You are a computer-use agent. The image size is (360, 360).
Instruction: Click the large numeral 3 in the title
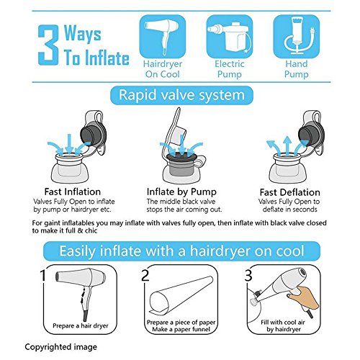click(x=49, y=45)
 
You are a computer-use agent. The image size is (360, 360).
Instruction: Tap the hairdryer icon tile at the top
click(x=163, y=36)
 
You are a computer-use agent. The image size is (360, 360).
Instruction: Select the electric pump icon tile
click(x=230, y=36)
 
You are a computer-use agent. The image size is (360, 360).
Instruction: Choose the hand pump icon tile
click(x=297, y=36)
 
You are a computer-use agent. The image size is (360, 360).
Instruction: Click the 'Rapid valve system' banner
click(x=181, y=95)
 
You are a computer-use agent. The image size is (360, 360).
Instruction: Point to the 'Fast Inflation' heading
click(x=73, y=192)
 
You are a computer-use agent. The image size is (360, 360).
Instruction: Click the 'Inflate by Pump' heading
click(x=181, y=192)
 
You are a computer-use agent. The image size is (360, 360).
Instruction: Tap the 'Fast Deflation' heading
click(x=290, y=192)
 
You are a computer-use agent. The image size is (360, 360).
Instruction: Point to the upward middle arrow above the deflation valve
click(x=287, y=145)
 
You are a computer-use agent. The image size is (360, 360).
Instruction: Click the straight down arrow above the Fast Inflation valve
click(x=69, y=143)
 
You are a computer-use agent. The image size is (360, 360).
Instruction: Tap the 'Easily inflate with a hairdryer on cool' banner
click(x=181, y=251)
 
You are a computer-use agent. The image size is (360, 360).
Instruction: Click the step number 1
click(x=42, y=275)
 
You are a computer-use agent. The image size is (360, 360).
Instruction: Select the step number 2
click(x=145, y=275)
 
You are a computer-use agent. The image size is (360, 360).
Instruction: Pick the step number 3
click(x=248, y=275)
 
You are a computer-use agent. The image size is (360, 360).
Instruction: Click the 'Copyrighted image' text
click(x=61, y=347)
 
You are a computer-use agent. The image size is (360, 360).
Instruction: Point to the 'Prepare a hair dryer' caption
click(x=81, y=325)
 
